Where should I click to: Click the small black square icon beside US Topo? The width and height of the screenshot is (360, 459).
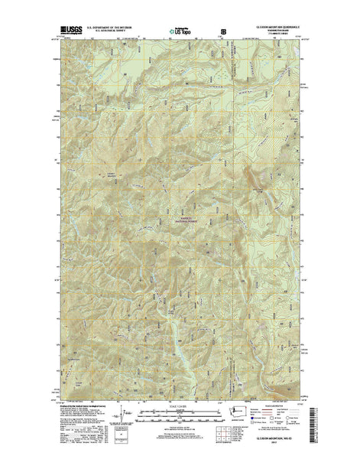pos(224,32)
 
